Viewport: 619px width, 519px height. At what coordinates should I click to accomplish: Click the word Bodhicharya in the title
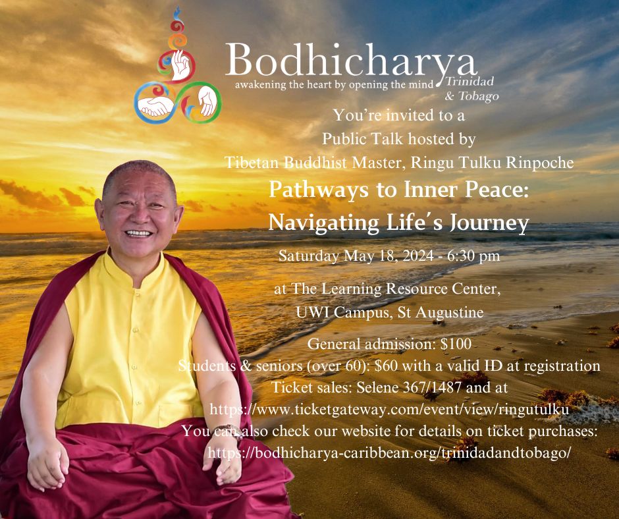point(350,61)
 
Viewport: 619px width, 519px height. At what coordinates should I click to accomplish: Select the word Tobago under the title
point(478,96)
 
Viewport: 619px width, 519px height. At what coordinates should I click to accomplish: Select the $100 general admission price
point(456,344)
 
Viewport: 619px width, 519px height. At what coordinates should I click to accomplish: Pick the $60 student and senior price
point(387,366)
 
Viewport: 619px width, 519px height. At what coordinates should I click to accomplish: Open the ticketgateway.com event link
point(389,410)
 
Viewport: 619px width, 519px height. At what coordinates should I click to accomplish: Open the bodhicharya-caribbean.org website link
point(389,453)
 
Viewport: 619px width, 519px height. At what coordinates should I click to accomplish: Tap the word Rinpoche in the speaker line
point(541,162)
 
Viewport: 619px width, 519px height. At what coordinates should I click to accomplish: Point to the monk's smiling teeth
point(138,233)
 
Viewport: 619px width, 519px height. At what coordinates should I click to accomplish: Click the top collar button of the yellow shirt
point(136,294)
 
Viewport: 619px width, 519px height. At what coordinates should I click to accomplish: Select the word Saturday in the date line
point(308,256)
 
